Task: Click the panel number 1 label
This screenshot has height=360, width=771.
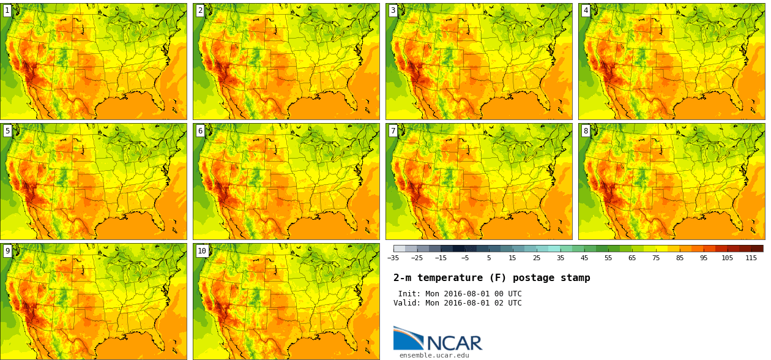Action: [x=7, y=10]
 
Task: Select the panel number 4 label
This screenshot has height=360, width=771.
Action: [x=586, y=10]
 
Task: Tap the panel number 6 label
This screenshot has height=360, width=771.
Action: [x=200, y=131]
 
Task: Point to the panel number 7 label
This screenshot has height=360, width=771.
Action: [x=393, y=131]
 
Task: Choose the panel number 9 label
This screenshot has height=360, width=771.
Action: [x=7, y=251]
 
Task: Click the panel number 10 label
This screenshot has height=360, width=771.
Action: [x=201, y=251]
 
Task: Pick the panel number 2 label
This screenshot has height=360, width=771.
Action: [x=200, y=10]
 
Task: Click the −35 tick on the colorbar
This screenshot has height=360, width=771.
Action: [x=393, y=258]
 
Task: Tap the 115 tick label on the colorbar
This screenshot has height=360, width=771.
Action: [x=751, y=258]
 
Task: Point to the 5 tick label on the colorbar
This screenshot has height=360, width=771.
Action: [x=489, y=258]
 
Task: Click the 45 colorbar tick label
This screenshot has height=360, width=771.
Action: [x=584, y=258]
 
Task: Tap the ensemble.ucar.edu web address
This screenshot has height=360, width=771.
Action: [x=434, y=355]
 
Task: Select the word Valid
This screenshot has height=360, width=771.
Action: [x=406, y=303]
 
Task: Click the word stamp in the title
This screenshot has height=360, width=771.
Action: [x=576, y=278]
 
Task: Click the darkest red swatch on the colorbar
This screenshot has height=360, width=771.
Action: [x=757, y=249]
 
